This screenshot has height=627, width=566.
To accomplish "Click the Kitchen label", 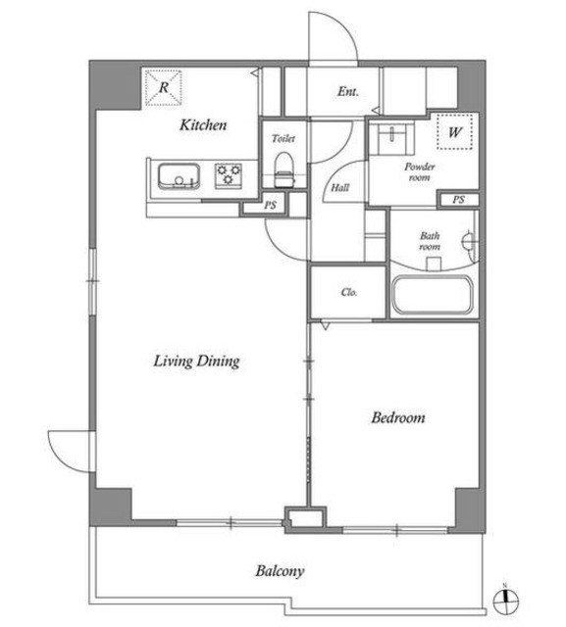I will coord(204,125).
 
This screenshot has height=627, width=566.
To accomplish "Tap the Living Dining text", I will coord(196,362).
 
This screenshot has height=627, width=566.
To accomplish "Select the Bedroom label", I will coord(397,417).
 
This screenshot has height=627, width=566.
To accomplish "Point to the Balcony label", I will coord(280,570).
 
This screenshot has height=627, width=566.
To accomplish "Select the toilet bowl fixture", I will coord(284,168).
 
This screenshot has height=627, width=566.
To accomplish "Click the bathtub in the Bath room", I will coord(433,296).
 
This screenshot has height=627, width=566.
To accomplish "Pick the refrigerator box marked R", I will coord(164,87).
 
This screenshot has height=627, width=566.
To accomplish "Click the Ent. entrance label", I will coord(347,93).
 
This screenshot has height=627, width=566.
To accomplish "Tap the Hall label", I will coord(341,187).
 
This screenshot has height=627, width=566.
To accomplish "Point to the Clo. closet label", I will coord(348,292).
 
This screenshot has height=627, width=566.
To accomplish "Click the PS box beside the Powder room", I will coord(458,200).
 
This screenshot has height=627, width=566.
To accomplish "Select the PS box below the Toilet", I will coord(272,206).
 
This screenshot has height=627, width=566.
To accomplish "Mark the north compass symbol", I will coord(503,599).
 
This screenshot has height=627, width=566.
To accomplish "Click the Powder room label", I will coord(420,172).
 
